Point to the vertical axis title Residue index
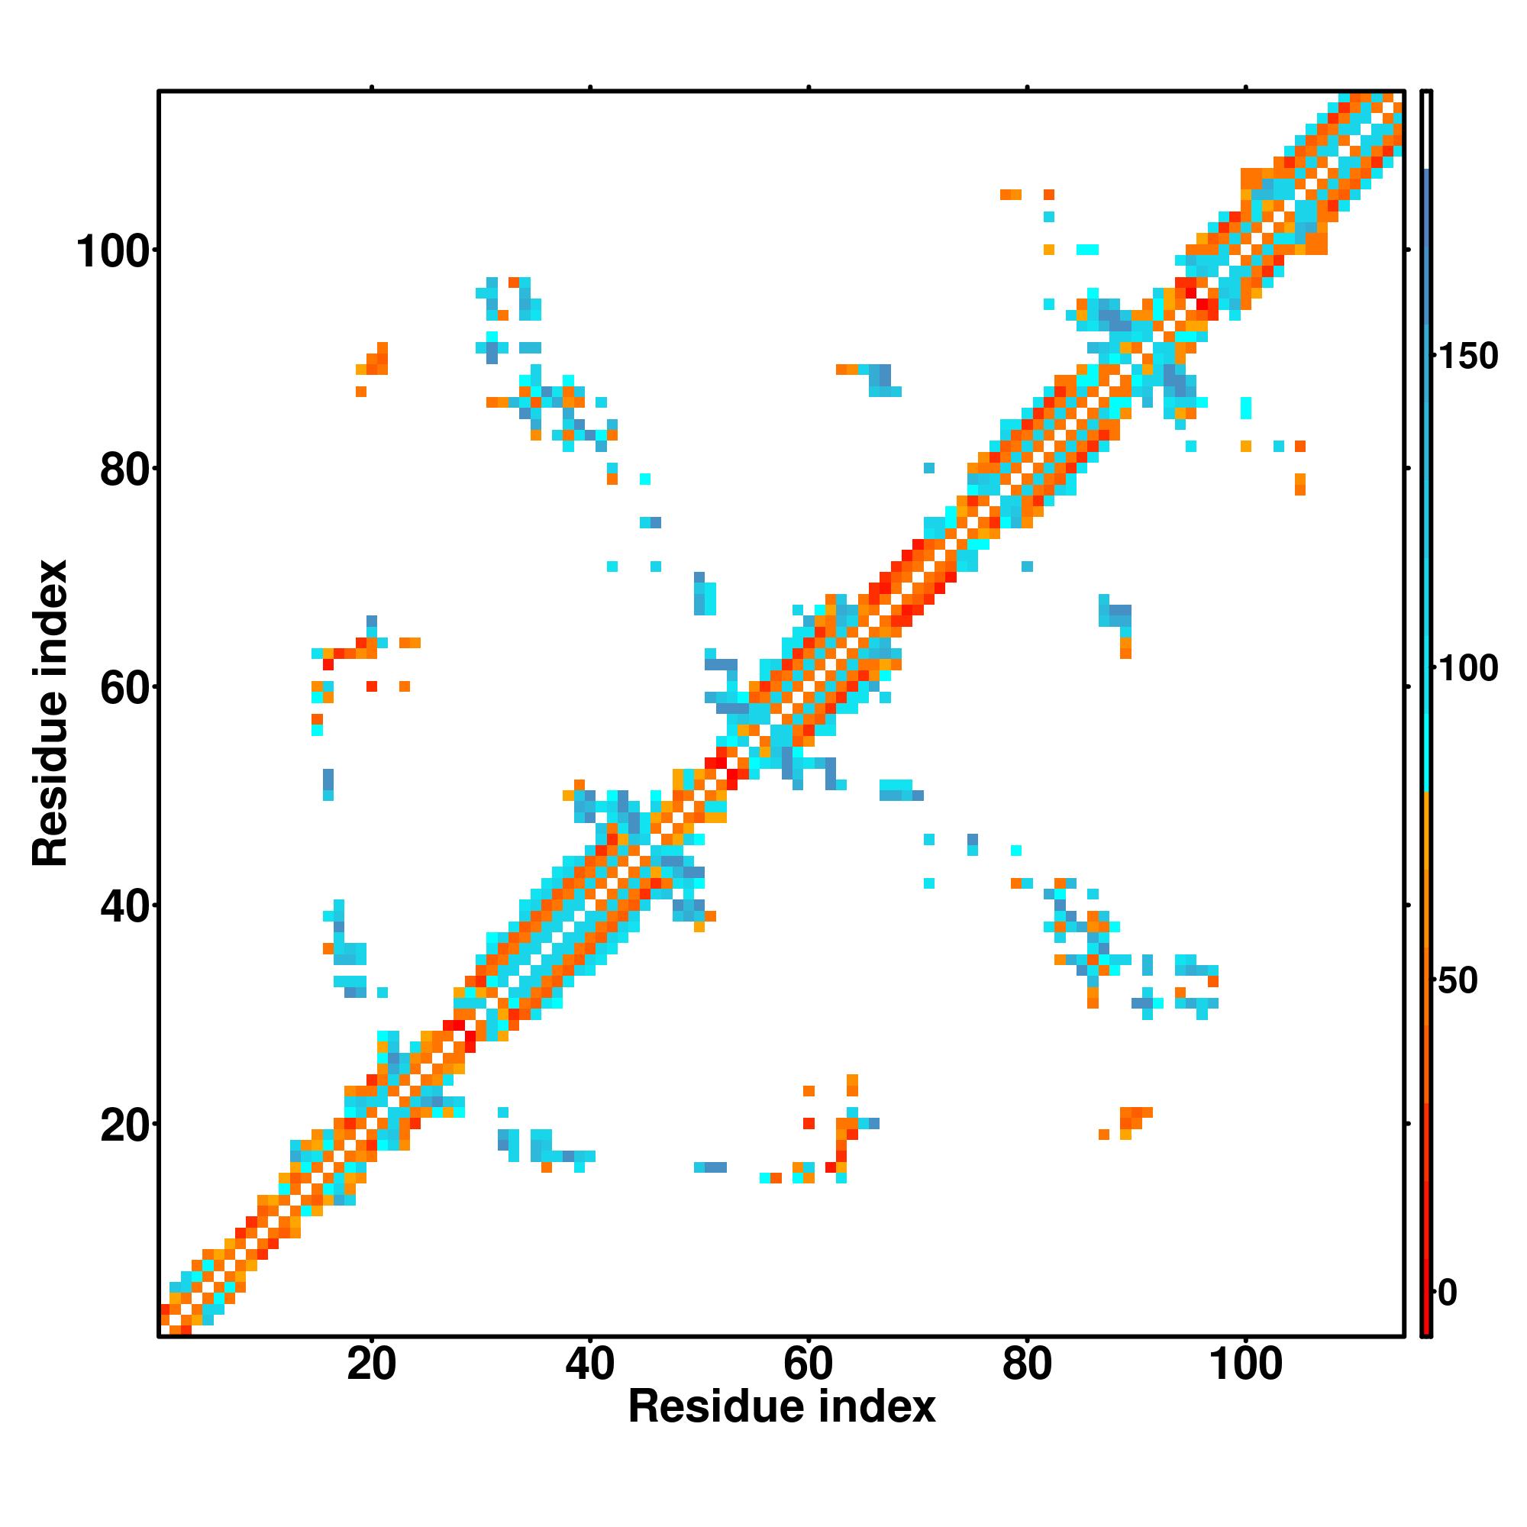50,713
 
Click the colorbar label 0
1447,1293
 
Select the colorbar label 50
1457,981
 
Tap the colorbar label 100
1467,669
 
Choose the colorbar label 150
1467,357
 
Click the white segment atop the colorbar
1427,131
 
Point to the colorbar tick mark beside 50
1434,981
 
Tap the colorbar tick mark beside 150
1434,357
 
